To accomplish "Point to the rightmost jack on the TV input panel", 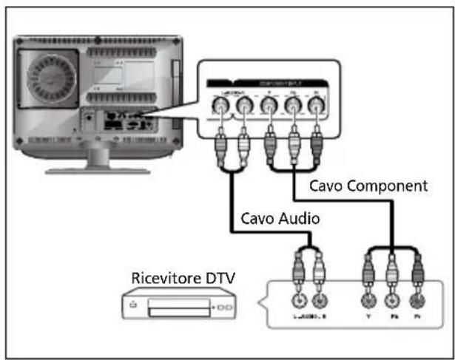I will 317,110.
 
